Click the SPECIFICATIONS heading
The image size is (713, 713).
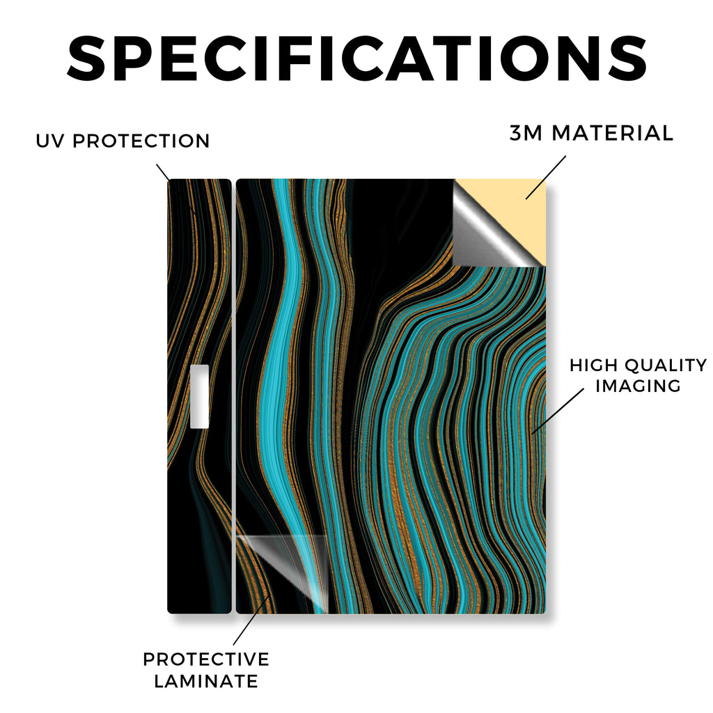click(x=357, y=58)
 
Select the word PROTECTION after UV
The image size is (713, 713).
click(x=141, y=141)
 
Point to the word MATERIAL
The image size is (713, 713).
click(x=612, y=133)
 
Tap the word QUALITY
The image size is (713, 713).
click(x=666, y=365)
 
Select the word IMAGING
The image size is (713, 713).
click(x=638, y=386)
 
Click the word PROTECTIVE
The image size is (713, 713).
click(x=206, y=659)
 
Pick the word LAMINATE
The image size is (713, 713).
click(x=206, y=681)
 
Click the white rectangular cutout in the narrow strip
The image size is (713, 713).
click(x=199, y=396)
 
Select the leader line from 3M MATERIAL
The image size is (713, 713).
click(x=546, y=178)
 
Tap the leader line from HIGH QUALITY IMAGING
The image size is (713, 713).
click(x=558, y=411)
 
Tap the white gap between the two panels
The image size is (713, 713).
click(x=234, y=395)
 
